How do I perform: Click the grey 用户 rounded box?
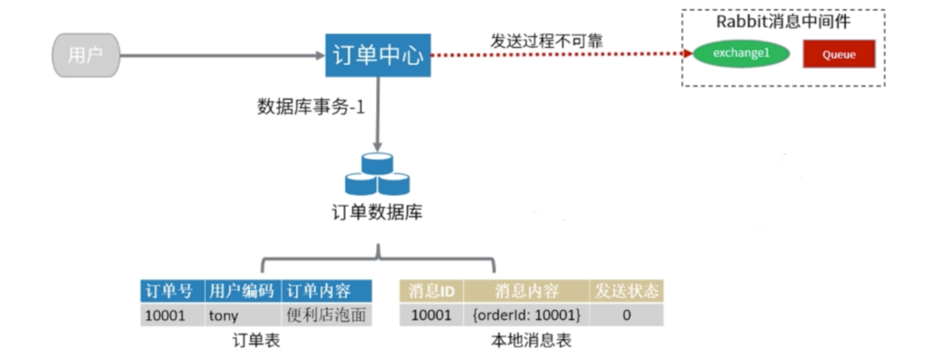85,55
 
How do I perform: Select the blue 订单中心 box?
378,55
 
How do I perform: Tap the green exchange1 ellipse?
741,54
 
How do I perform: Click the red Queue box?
838,54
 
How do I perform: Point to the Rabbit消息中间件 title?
783,21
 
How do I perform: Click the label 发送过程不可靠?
546,41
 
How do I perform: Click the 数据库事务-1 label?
311,107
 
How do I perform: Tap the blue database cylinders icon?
377,174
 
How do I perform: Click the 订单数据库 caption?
377,212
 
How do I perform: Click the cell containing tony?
224,315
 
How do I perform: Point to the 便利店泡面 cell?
326,315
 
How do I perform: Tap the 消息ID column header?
431,291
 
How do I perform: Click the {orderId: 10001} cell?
526,315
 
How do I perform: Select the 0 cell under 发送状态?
626,315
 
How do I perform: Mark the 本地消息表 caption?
531,341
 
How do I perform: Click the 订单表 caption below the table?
256,341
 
